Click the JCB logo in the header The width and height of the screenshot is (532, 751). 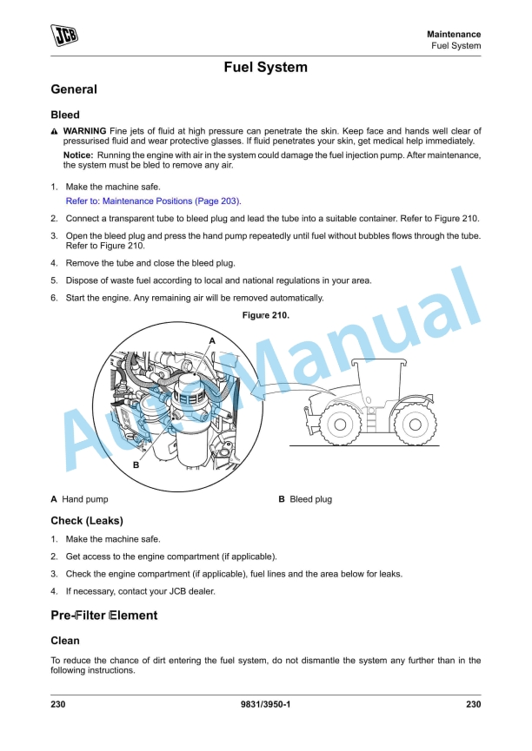pyautogui.click(x=64, y=37)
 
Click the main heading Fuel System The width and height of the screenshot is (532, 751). pyautogui.click(x=265, y=67)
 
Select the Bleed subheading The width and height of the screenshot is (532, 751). pyautogui.click(x=65, y=115)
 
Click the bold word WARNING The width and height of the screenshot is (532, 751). pyautogui.click(x=84, y=131)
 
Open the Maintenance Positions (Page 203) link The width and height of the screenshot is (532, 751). pyautogui.click(x=154, y=201)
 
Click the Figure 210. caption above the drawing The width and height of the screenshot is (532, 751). pyautogui.click(x=265, y=316)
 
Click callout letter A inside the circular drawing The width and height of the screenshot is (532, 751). pyautogui.click(x=211, y=341)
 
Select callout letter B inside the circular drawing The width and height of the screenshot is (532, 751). pyautogui.click(x=136, y=465)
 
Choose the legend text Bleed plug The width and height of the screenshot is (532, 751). pyautogui.click(x=310, y=499)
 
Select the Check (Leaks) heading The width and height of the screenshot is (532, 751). pyautogui.click(x=87, y=521)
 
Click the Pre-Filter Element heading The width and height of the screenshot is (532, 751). pyautogui.click(x=104, y=616)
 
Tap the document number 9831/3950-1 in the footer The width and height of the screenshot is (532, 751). pyautogui.click(x=265, y=704)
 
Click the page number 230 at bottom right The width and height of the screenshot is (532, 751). pyautogui.click(x=473, y=704)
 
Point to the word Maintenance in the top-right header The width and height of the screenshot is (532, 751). pyautogui.click(x=454, y=34)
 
